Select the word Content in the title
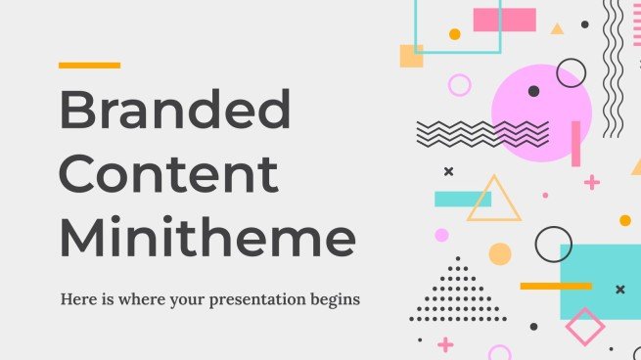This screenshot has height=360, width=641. pyautogui.click(x=169, y=175)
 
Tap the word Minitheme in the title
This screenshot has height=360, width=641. pyautogui.click(x=206, y=238)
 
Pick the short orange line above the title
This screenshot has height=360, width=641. pyautogui.click(x=89, y=66)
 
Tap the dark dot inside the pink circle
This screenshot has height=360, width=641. pyautogui.click(x=533, y=91)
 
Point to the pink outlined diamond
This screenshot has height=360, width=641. pyautogui.click(x=585, y=327)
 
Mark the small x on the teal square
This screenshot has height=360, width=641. pyautogui.click(x=619, y=289)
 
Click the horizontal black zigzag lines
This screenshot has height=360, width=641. pyautogui.click(x=482, y=133)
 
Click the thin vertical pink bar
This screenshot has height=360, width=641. pyautogui.click(x=575, y=144)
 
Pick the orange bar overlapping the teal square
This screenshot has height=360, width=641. pyautogui.click(x=556, y=286)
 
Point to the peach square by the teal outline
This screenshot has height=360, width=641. pyautogui.click(x=412, y=56)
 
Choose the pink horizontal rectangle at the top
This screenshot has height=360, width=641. pyautogui.click(x=505, y=20)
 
